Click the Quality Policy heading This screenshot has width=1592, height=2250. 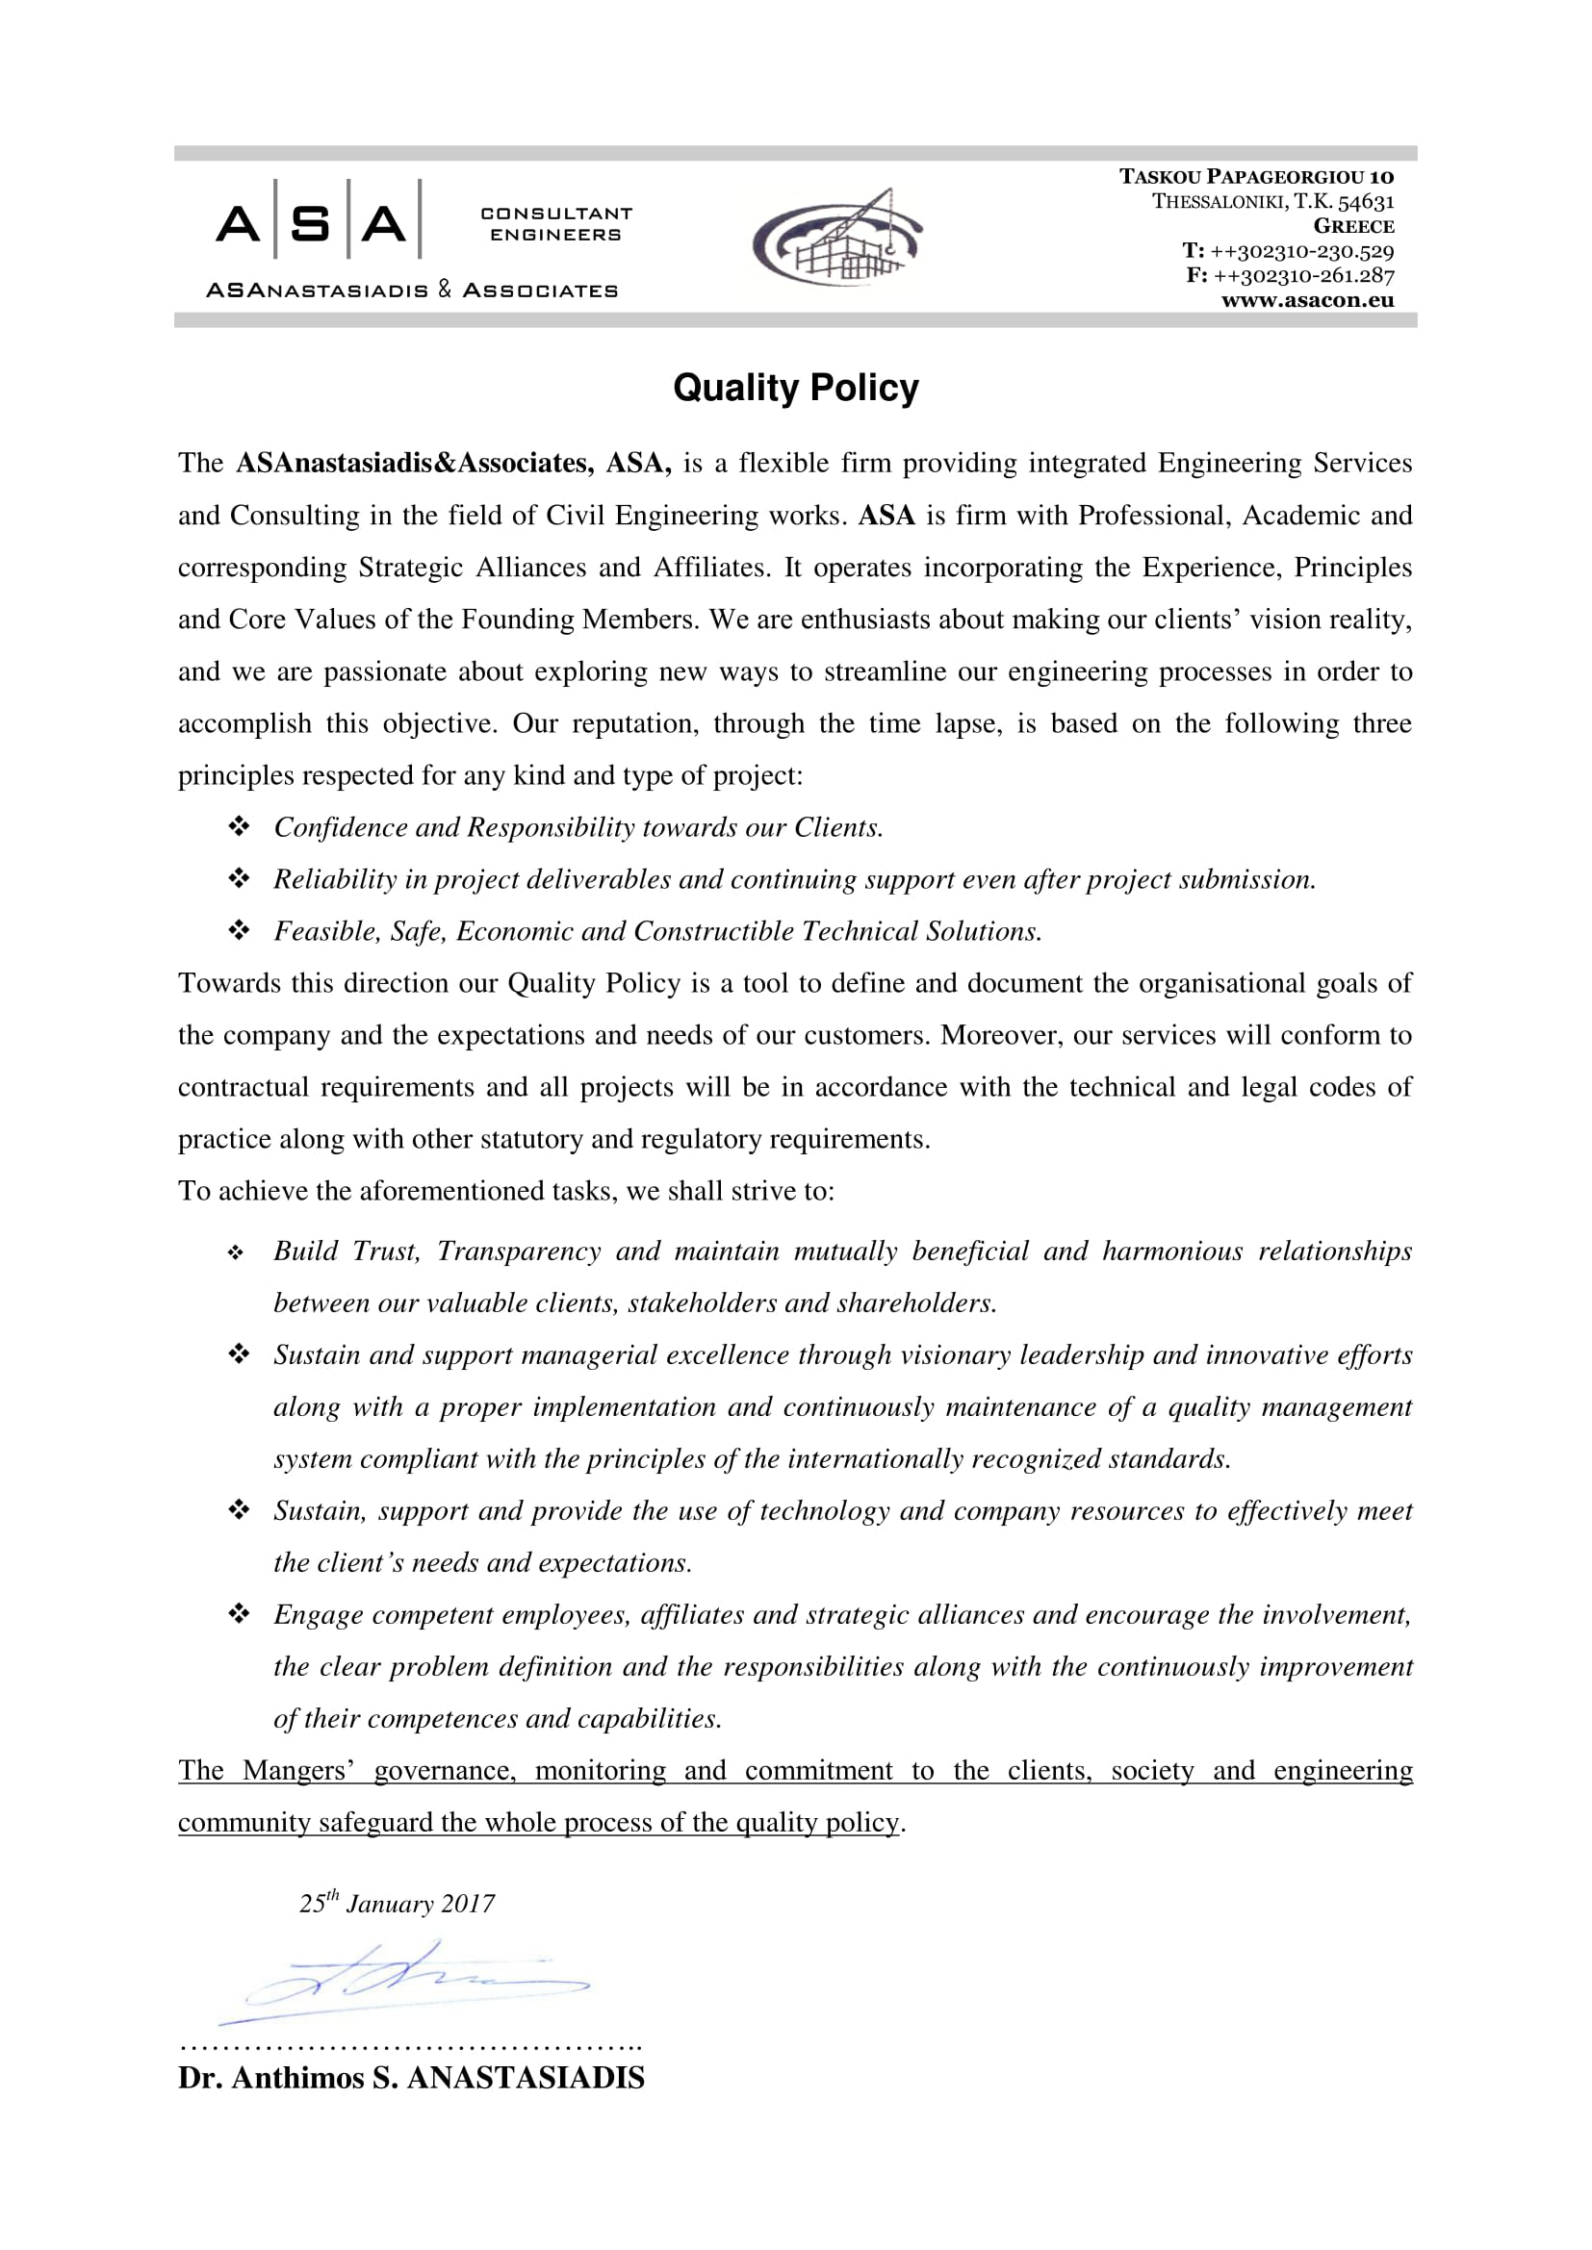point(795,388)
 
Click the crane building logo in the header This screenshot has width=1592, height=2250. point(838,239)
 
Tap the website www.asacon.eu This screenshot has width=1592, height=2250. point(1307,301)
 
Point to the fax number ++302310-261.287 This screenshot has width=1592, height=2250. point(1303,275)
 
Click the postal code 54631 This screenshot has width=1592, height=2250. point(1366,202)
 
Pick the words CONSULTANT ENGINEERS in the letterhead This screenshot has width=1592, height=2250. point(555,224)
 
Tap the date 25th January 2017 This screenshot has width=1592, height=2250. point(397,1903)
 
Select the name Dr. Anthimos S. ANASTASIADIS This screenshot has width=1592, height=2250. point(411,2078)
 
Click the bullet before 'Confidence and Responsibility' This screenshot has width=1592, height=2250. point(238,827)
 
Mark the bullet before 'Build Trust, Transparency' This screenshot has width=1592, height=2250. point(235,1252)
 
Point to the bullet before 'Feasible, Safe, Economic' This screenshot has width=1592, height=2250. point(238,931)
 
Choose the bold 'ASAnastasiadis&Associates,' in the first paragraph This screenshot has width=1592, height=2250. point(415,463)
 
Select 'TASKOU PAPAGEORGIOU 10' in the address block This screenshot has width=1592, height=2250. point(1256,177)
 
